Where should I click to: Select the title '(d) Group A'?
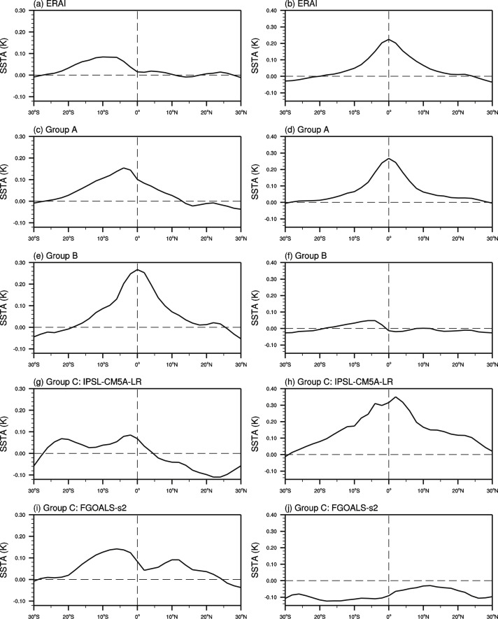pos(304,131)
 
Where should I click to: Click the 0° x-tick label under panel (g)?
pos(137,485)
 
